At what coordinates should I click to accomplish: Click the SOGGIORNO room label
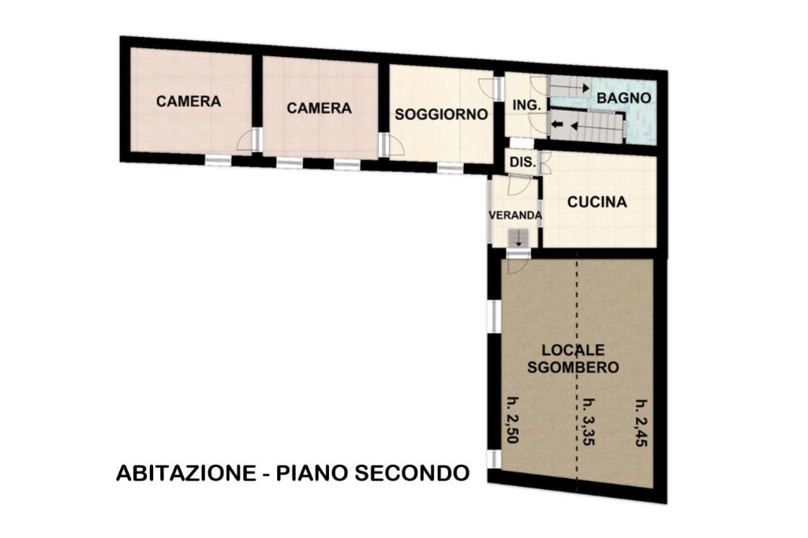441,114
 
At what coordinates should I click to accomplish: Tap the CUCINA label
597,202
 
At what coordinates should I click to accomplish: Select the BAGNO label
623,98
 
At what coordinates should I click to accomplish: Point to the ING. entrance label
526,105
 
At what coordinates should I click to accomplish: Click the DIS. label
522,163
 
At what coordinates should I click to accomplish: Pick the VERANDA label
515,215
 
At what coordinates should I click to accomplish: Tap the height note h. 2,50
513,420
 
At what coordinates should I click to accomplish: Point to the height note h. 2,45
641,423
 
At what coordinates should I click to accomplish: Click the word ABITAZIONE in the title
186,473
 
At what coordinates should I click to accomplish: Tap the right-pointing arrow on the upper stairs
585,88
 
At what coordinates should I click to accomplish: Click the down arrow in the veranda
518,238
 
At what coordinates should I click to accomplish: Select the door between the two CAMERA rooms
249,139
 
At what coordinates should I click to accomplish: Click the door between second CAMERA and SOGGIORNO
391,145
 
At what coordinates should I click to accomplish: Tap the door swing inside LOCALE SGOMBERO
517,265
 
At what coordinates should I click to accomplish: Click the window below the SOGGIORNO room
451,167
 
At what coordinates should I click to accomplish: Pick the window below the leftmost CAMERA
219,160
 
